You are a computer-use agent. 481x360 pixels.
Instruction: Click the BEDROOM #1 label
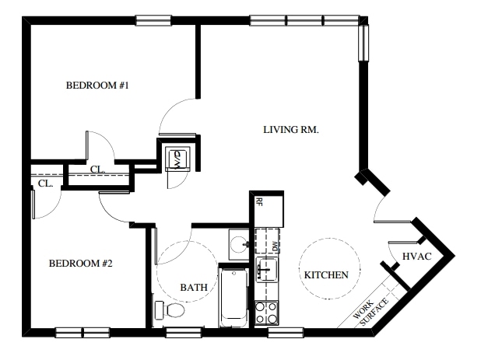click(x=97, y=86)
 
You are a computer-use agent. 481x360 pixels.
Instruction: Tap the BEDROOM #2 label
click(x=81, y=263)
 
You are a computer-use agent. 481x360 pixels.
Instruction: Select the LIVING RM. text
click(x=291, y=130)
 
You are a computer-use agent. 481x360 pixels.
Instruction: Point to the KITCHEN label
click(x=326, y=274)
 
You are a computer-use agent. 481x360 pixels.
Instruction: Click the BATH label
click(x=194, y=288)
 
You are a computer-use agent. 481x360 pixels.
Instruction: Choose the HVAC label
click(x=417, y=256)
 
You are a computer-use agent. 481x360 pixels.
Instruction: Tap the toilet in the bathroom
click(x=170, y=310)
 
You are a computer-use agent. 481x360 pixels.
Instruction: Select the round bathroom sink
click(x=239, y=244)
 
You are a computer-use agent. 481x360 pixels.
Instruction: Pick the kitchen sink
click(x=267, y=270)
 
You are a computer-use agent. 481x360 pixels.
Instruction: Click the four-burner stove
click(x=267, y=313)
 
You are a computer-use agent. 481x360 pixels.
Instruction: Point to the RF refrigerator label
click(x=259, y=202)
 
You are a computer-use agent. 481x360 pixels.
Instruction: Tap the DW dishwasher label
click(x=275, y=246)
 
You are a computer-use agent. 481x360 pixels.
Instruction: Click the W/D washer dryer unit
click(x=177, y=159)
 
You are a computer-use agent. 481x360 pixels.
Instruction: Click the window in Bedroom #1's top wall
click(x=153, y=20)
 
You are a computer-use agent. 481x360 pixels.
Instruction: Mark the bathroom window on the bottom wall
click(x=184, y=333)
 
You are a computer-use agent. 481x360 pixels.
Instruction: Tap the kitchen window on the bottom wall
click(x=286, y=333)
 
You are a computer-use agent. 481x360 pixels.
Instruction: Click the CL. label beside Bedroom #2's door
click(x=46, y=183)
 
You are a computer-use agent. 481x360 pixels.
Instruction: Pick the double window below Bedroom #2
click(x=83, y=333)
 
